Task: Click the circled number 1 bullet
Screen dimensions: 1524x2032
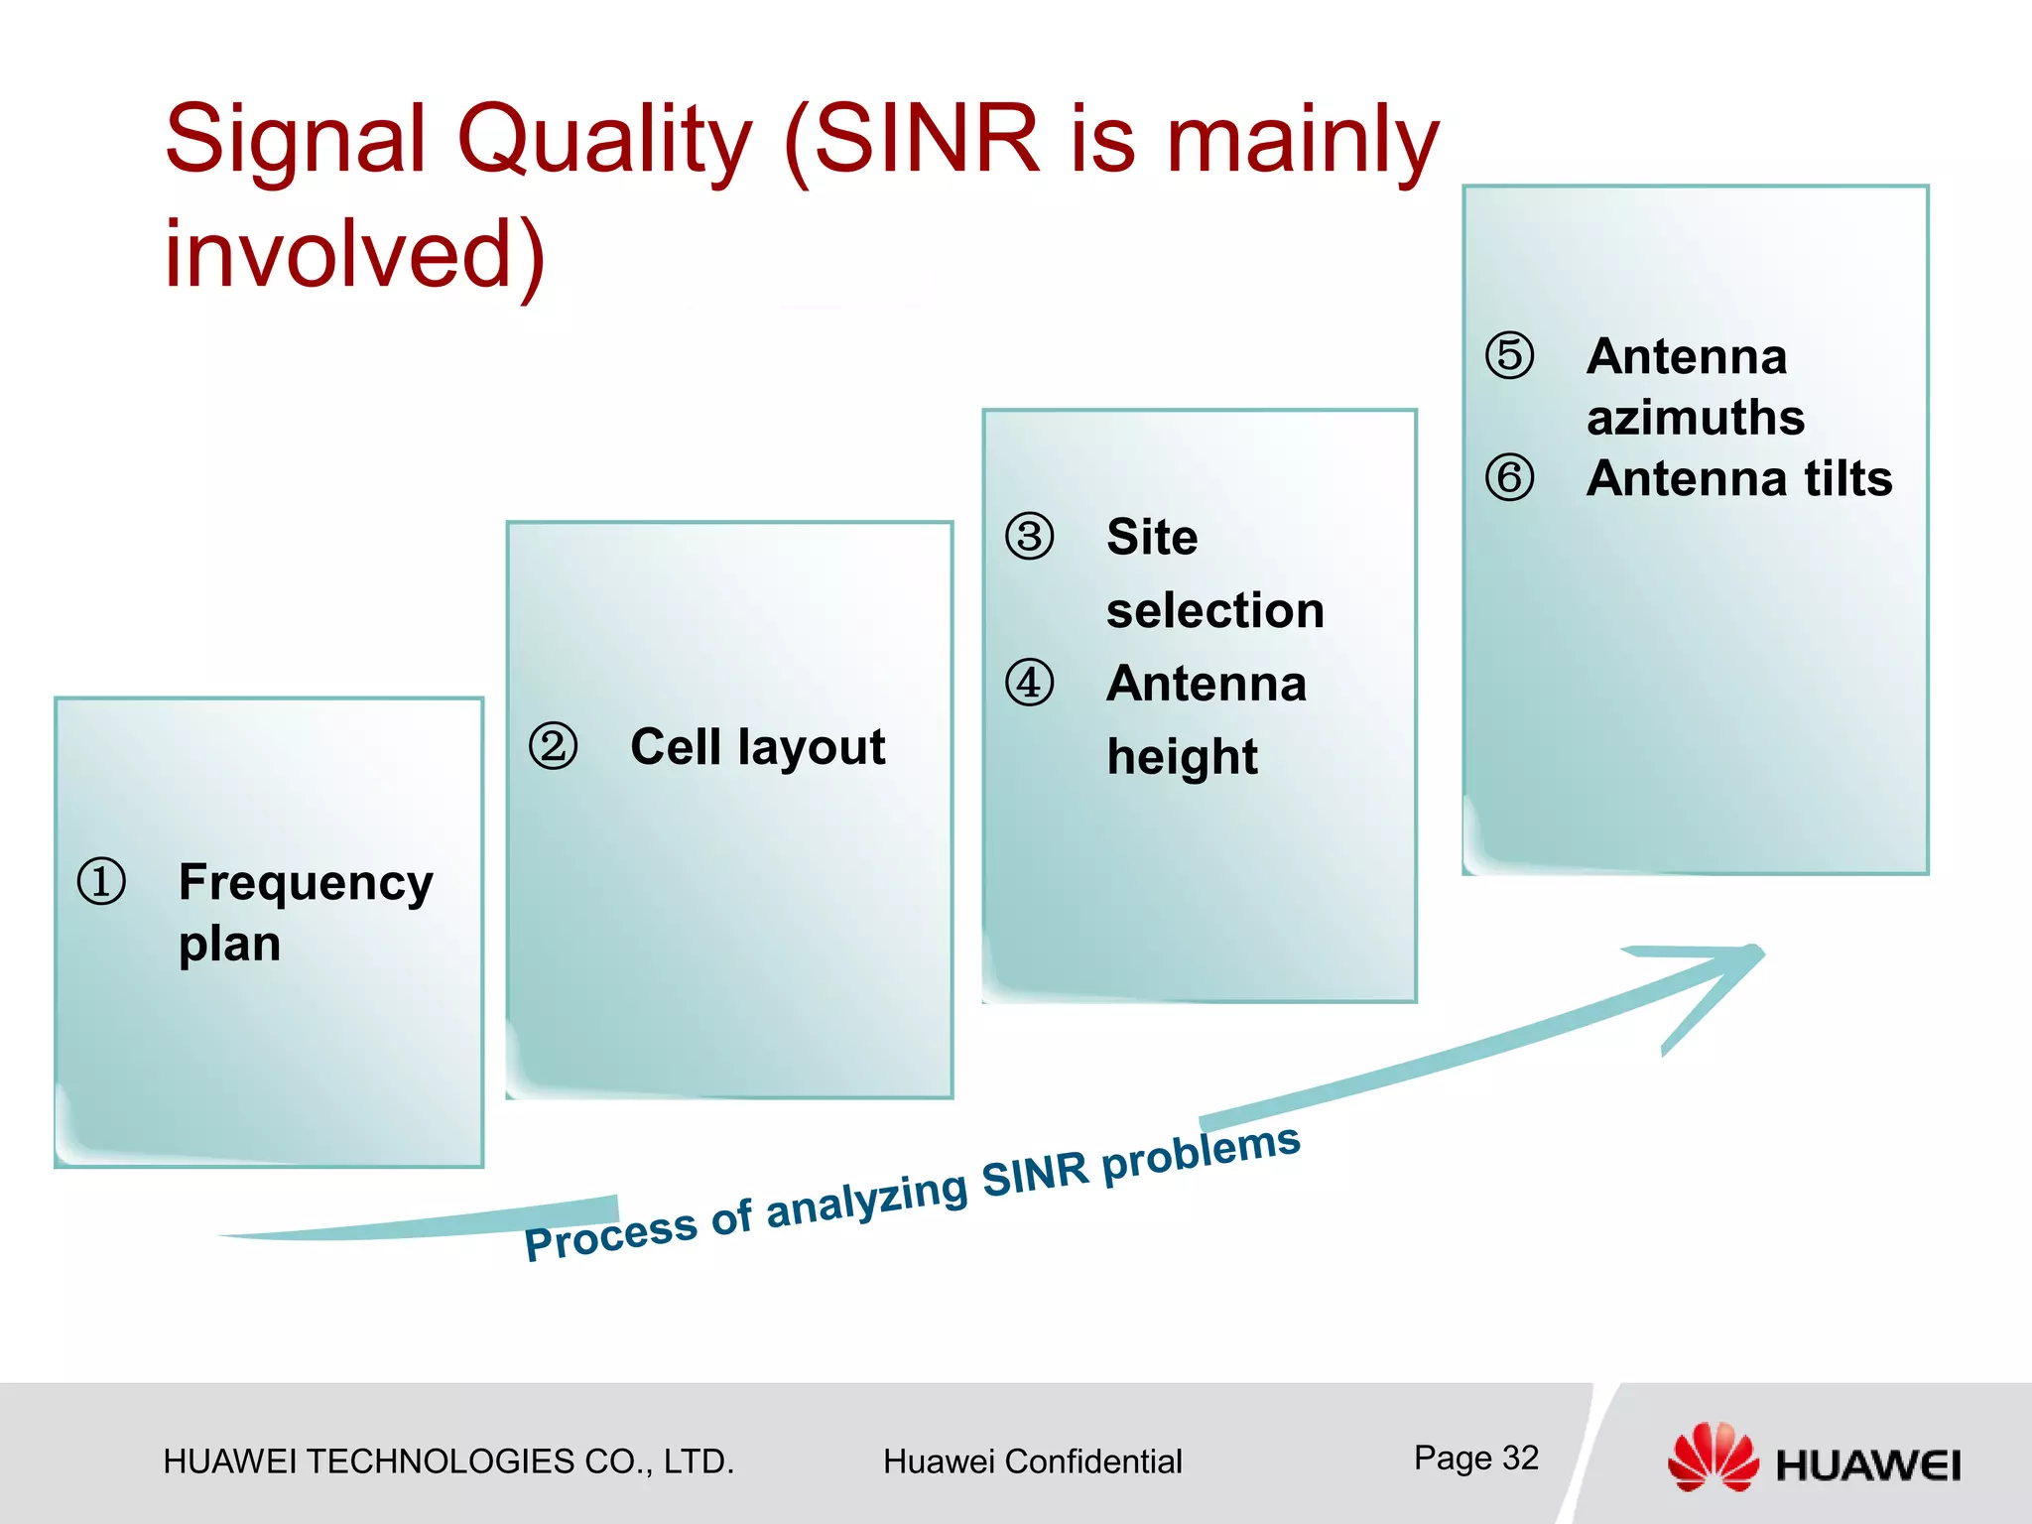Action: tap(101, 882)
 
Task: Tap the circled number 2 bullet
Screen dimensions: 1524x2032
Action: tap(553, 746)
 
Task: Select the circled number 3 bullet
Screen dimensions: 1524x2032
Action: tap(1030, 537)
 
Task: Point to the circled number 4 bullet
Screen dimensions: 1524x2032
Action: tap(1030, 683)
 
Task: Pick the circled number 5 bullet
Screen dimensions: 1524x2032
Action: tap(1509, 356)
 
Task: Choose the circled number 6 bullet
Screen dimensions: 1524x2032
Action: tap(1509, 478)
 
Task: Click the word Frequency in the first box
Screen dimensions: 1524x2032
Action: tap(306, 883)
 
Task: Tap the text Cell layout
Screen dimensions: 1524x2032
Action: tap(757, 747)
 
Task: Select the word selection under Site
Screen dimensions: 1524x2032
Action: tap(1215, 610)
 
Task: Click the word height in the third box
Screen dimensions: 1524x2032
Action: tap(1182, 757)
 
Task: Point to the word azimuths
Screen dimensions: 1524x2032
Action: tap(1696, 418)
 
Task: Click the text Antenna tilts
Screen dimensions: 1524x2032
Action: tap(1739, 478)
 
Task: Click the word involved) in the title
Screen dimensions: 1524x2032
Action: tap(355, 254)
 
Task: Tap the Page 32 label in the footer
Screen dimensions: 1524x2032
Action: tap(1475, 1458)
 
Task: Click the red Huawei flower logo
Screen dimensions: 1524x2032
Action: tap(1713, 1457)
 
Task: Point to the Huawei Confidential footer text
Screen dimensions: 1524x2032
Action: tap(1032, 1461)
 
